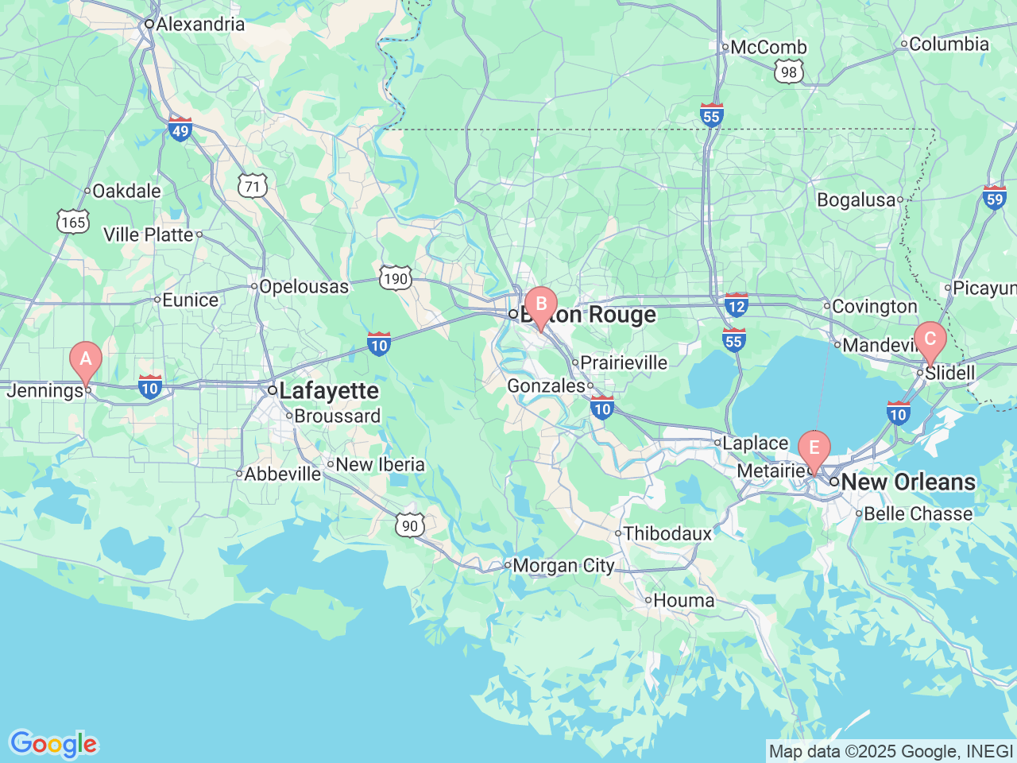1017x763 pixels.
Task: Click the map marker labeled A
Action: coord(86,360)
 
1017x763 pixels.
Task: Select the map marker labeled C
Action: coord(930,340)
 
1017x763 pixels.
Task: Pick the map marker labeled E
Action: coord(814,448)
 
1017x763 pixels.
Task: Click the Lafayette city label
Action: coord(329,391)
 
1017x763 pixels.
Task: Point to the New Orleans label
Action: coord(907,482)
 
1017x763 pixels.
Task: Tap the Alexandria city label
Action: coord(200,24)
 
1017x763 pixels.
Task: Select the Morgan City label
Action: coord(563,566)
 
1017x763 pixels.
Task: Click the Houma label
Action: coord(683,601)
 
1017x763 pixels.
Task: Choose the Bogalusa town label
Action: coord(856,200)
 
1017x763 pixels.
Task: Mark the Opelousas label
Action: coord(304,287)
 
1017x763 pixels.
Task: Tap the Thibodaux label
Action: coord(667,534)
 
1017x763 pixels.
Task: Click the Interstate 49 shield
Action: coord(180,130)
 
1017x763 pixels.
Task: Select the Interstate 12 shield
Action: coord(737,304)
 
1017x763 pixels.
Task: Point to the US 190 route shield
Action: coord(395,277)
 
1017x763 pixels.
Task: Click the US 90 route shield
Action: coord(409,525)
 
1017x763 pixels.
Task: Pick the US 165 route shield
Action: coord(73,222)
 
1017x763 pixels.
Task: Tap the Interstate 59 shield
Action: coord(994,197)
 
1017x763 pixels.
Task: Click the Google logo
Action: coord(52,744)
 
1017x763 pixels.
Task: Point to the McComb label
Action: coord(768,48)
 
